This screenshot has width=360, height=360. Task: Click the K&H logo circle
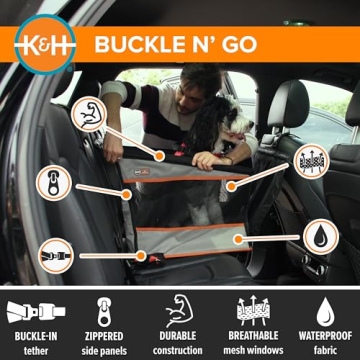[42, 43]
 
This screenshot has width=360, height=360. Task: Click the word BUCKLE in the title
[139, 44]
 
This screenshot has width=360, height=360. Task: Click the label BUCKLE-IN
[36, 338]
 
